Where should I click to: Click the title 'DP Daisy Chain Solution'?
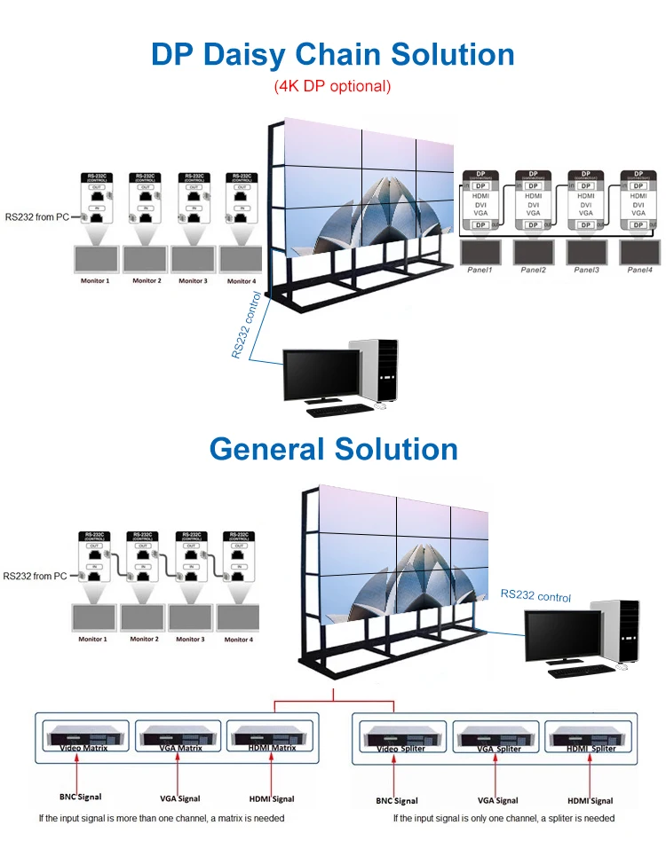click(x=332, y=54)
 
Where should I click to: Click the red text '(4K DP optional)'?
click(x=332, y=87)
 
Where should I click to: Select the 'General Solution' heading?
click(x=333, y=448)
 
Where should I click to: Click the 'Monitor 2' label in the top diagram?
click(x=147, y=281)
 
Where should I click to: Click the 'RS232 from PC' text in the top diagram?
click(x=36, y=216)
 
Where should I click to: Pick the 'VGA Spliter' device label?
click(x=497, y=749)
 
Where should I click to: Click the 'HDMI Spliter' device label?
click(x=591, y=749)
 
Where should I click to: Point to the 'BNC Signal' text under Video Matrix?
click(x=81, y=798)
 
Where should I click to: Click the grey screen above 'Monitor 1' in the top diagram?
click(x=96, y=258)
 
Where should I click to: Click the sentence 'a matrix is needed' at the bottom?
click(x=240, y=818)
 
